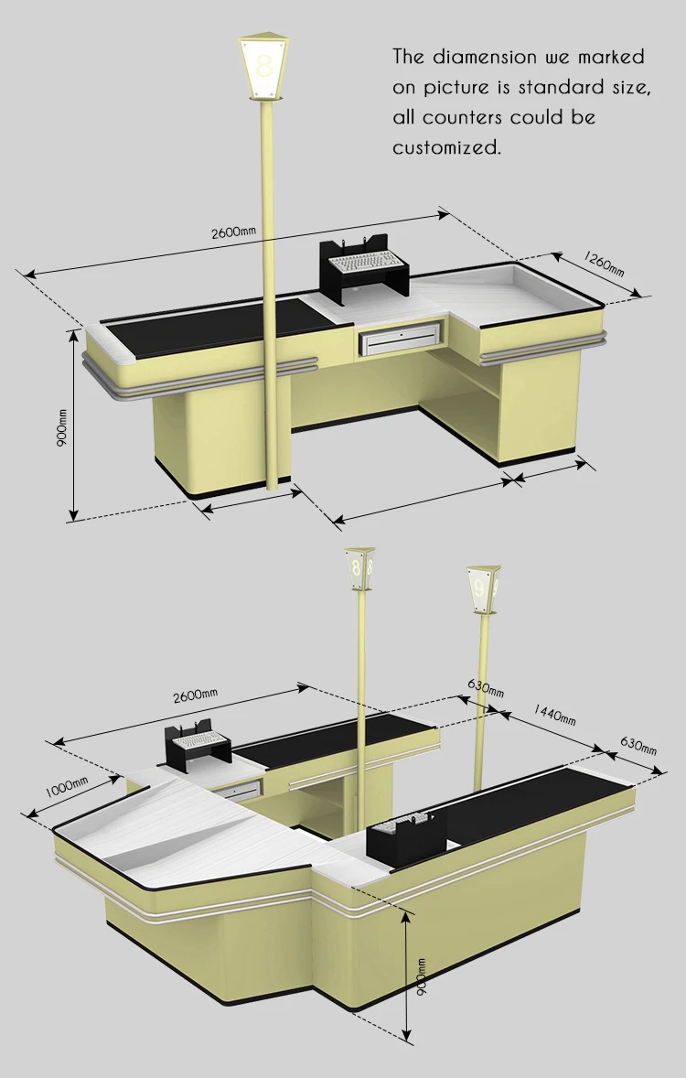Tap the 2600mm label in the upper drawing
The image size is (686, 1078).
pyautogui.click(x=234, y=232)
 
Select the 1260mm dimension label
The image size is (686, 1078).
pyautogui.click(x=604, y=264)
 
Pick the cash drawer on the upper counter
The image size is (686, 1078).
pyautogui.click(x=401, y=340)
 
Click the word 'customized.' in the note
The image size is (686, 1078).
pyautogui.click(x=447, y=147)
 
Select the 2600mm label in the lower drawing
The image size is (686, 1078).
pyautogui.click(x=196, y=696)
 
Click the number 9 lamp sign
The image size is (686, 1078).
pyautogui.click(x=481, y=585)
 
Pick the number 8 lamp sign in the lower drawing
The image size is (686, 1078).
pyautogui.click(x=359, y=567)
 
